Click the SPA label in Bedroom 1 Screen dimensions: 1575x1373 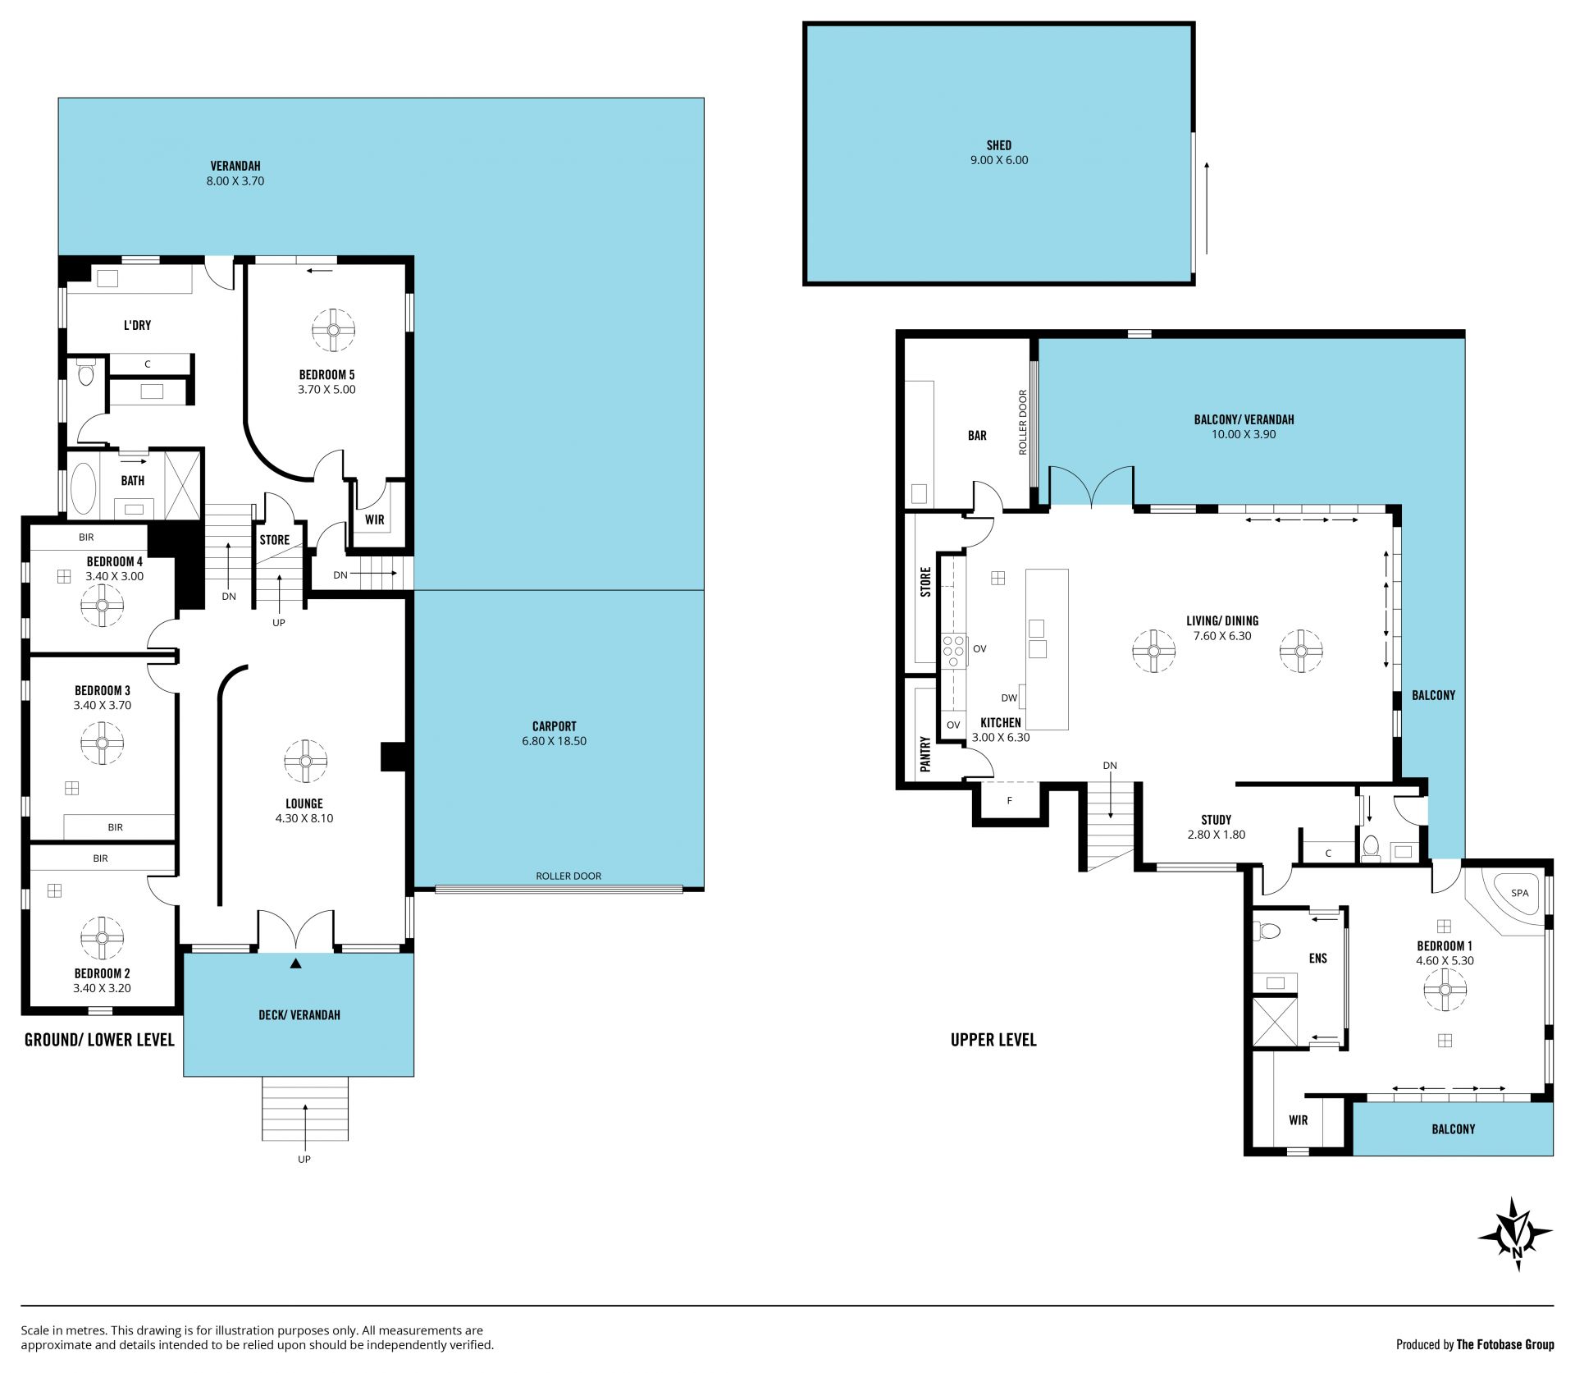pos(1519,893)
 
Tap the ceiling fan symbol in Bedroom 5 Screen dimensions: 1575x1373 pos(333,330)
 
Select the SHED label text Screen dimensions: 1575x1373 pos(998,145)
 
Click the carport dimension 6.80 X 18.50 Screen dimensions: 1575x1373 pos(554,741)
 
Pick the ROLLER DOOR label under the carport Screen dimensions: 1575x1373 pos(568,876)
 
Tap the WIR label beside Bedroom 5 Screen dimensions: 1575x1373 pos(375,519)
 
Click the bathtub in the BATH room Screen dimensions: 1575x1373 pos(84,487)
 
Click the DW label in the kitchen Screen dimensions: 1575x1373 pos(1009,698)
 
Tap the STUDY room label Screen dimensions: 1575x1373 pos(1216,820)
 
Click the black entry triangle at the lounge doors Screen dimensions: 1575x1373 pos(296,963)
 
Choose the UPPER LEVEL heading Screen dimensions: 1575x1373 pos(993,1040)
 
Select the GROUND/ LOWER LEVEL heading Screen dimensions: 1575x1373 pos(99,1040)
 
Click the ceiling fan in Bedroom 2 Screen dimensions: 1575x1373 pos(103,938)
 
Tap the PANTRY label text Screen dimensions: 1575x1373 pos(925,753)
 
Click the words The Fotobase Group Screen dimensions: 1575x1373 pos(1504,1344)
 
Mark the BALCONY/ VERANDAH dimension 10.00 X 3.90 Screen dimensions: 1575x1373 pos(1244,434)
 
